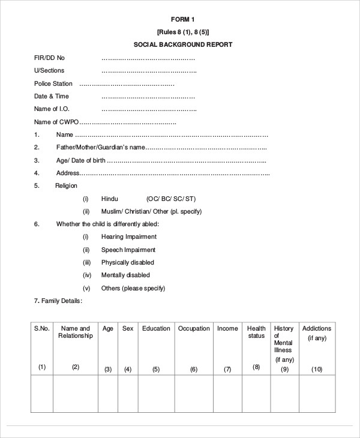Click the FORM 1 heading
click(x=183, y=19)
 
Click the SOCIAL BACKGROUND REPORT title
click(x=183, y=44)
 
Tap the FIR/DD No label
click(x=49, y=58)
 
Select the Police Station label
click(x=53, y=83)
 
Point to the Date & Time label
click(x=52, y=96)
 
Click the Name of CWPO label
click(x=56, y=122)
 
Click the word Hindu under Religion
click(x=110, y=199)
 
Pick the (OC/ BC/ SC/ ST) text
click(x=171, y=199)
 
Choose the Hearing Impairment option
click(x=128, y=237)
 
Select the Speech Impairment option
click(x=128, y=250)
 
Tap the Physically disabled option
click(x=128, y=262)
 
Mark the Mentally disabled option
click(x=125, y=275)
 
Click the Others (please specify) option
click(x=133, y=288)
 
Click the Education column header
click(x=156, y=328)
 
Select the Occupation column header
click(x=194, y=328)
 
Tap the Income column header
click(x=227, y=328)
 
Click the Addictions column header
click(x=317, y=328)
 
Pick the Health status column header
click(x=256, y=332)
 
